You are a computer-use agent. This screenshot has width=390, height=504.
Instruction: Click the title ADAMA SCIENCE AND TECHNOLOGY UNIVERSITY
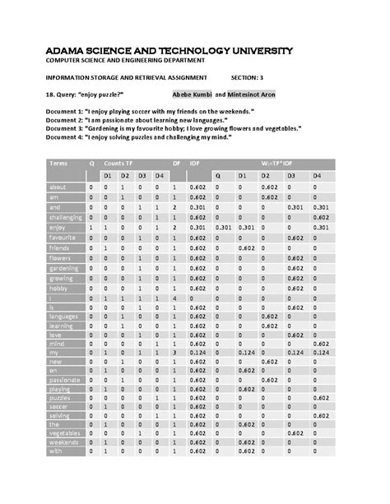tap(169, 51)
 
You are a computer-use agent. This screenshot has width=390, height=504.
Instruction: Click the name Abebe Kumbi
tap(192, 95)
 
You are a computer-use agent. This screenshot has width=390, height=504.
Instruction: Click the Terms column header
tap(58, 164)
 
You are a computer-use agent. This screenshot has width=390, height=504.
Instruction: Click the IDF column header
tap(194, 164)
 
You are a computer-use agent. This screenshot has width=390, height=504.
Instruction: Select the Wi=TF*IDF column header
tap(276, 164)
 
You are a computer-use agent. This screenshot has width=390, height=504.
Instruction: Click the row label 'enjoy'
tap(57, 227)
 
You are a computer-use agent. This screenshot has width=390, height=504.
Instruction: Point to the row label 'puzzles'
tap(60, 397)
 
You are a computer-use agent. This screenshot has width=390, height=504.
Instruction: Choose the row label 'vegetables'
tap(64, 430)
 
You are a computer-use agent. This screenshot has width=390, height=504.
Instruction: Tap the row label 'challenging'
tap(65, 217)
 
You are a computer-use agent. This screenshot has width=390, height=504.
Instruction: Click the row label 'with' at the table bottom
tap(55, 451)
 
